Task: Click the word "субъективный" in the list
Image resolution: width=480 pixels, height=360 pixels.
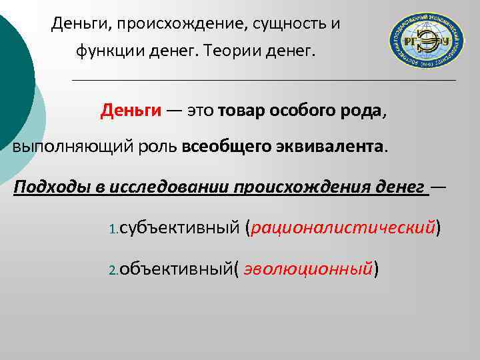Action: pos(179,228)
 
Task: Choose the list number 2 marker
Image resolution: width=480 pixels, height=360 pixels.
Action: pos(113,271)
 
